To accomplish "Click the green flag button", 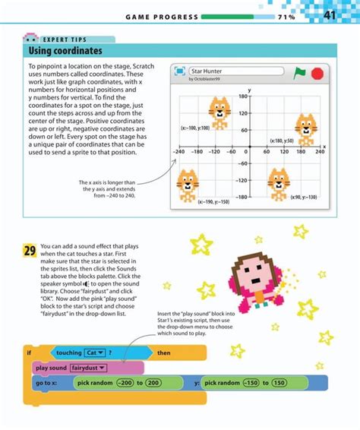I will [x=299, y=73].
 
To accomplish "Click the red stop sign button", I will [x=317, y=73].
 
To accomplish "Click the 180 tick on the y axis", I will [x=243, y=96].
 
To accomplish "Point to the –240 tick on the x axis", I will [x=179, y=151].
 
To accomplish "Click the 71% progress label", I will [x=286, y=17].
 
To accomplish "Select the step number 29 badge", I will [x=30, y=251].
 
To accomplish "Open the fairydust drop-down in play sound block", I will [x=89, y=368].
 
